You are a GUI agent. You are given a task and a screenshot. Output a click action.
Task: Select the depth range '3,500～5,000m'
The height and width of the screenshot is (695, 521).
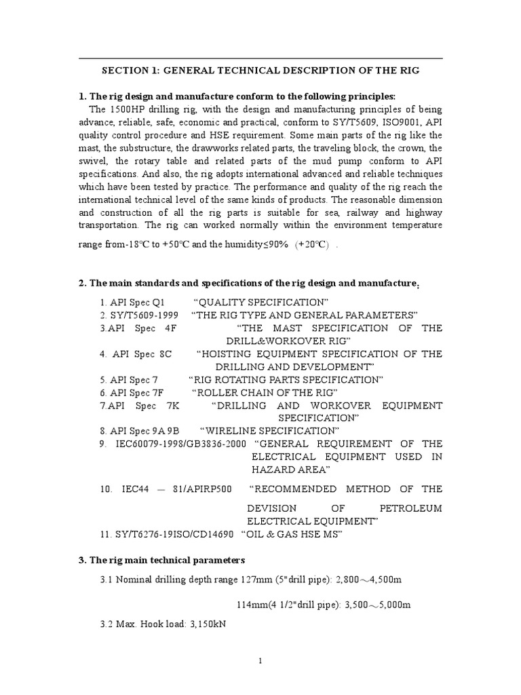tap(378, 605)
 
